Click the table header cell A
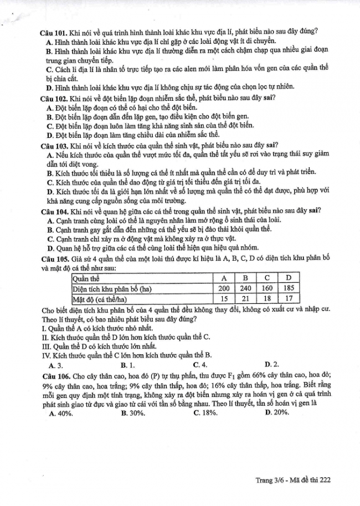click(x=224, y=277)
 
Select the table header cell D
click(x=288, y=277)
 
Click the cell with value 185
click(x=288, y=288)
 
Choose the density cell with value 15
click(x=224, y=299)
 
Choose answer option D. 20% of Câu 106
click(x=276, y=412)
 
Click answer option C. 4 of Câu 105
click(x=200, y=365)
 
